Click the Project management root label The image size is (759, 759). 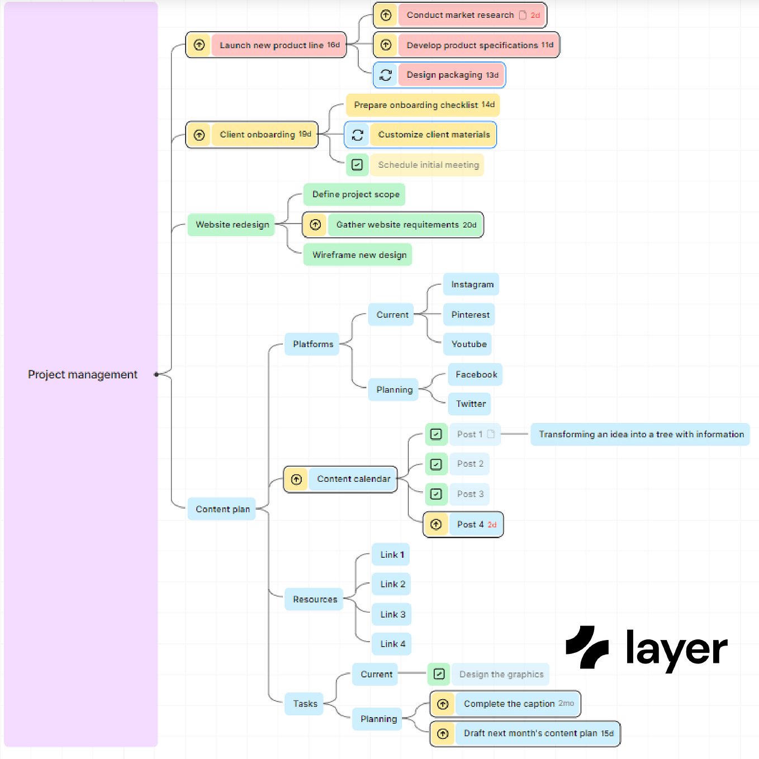tap(83, 374)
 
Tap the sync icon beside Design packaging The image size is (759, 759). tap(386, 75)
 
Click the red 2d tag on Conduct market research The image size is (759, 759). tap(535, 16)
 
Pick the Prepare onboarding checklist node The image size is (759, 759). tap(423, 105)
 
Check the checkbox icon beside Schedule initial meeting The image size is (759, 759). tap(357, 165)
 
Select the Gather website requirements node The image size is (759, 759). tap(406, 225)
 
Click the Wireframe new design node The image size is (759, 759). tap(358, 255)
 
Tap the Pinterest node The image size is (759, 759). tap(470, 315)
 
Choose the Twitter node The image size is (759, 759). tap(470, 404)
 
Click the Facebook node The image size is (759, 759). tap(476, 374)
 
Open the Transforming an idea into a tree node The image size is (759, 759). tap(641, 434)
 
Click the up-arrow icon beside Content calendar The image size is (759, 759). tap(297, 480)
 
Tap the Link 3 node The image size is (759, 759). tap(392, 614)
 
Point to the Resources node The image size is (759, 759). tap(315, 599)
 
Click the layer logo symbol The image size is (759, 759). tap(587, 647)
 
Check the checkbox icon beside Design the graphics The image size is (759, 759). tap(439, 674)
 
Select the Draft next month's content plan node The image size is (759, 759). tap(538, 733)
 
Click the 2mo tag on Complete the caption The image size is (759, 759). tap(566, 703)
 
